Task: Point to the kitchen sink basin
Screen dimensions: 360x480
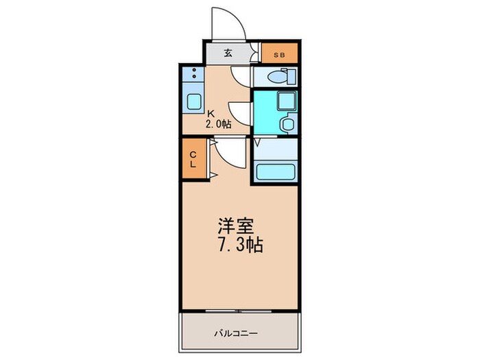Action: click(192, 100)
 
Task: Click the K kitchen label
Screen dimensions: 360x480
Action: click(211, 113)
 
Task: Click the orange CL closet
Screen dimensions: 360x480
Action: click(193, 158)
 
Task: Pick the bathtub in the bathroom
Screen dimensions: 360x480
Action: click(275, 171)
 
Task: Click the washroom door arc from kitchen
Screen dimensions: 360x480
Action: click(240, 110)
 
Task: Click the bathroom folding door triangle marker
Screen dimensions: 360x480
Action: click(258, 143)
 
